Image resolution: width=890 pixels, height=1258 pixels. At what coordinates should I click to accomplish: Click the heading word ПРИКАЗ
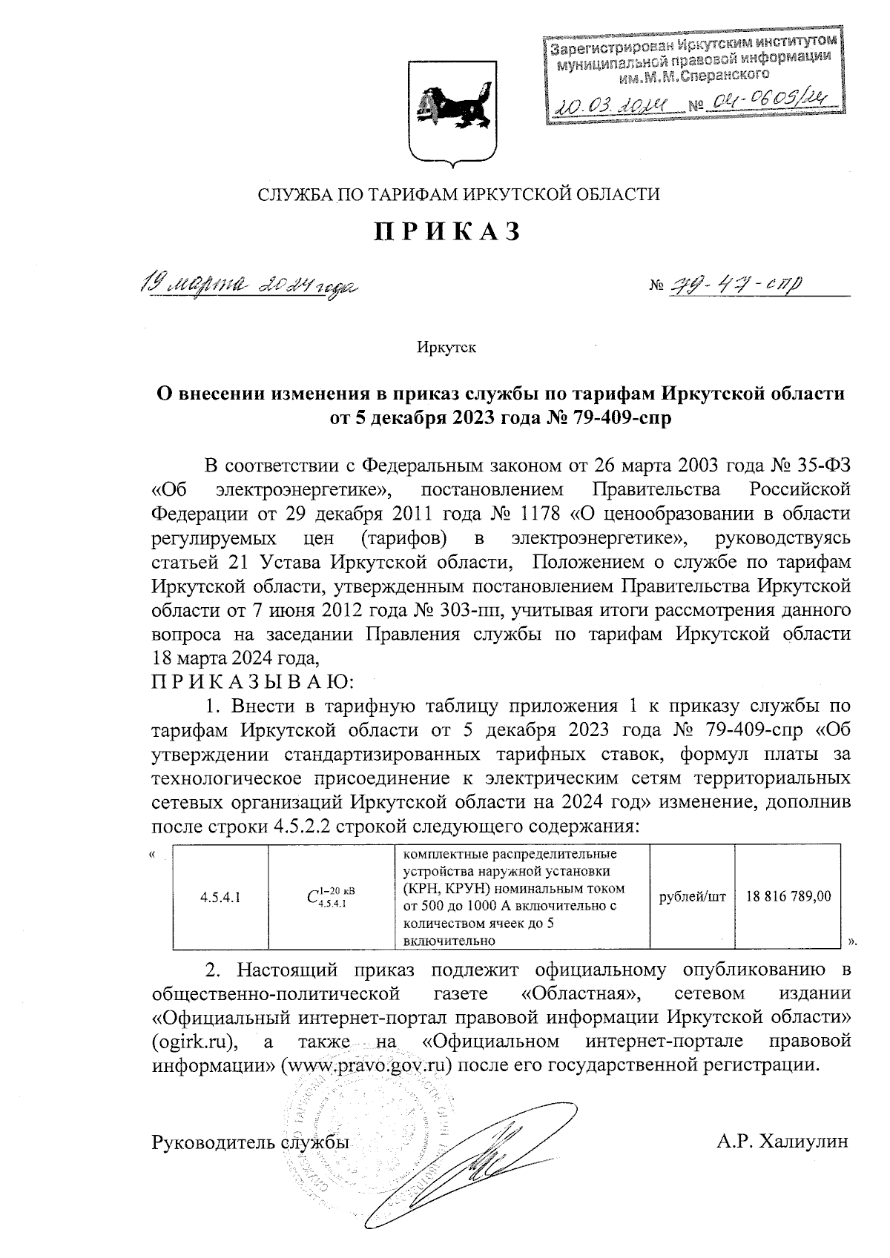point(446,233)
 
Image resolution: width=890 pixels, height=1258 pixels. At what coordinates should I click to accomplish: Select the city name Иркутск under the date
point(446,347)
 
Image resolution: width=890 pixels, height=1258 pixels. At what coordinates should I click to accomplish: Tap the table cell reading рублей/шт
point(692,897)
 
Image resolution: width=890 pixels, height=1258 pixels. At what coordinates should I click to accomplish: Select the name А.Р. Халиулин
point(782,1142)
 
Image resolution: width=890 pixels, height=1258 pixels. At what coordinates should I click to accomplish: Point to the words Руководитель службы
point(250,1142)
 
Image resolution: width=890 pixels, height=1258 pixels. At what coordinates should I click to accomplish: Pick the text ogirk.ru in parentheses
point(194,1042)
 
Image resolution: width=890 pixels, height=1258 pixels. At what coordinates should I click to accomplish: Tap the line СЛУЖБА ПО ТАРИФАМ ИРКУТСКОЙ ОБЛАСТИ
point(458,195)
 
